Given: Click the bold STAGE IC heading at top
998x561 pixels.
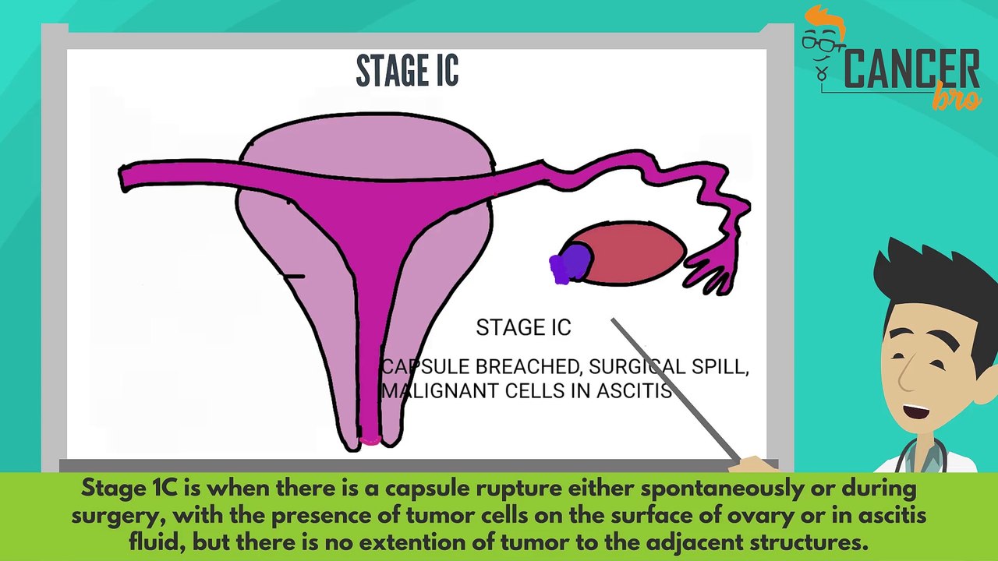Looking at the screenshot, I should coord(407,71).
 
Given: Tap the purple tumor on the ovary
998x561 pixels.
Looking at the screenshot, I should coord(570,263).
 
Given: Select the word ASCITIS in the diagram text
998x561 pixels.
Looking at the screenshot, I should coord(633,390).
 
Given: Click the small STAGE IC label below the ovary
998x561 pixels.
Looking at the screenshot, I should coord(523,328).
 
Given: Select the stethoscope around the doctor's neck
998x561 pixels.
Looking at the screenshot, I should coord(932,456).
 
